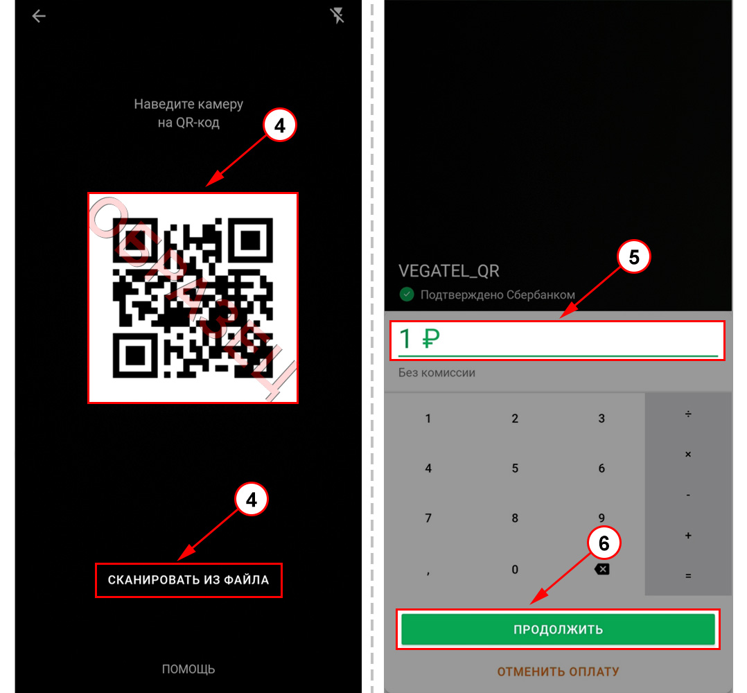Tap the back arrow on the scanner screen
pos(39,16)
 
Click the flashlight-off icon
pos(337,16)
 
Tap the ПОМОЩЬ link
pos(188,669)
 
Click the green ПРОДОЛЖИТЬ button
pos(558,629)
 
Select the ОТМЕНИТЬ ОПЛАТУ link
pos(558,672)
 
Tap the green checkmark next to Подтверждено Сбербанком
pos(406,295)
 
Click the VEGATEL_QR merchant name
pos(449,271)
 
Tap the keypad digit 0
pos(515,569)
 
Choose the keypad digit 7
pos(428,518)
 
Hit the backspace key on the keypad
pos(601,569)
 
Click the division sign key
pos(688,414)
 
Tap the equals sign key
pos(688,576)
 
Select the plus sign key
pos(688,536)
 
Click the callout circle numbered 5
pos(633,257)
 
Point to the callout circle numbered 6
pos(604,543)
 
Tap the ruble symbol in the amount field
pos(431,339)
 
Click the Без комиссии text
pos(437,372)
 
